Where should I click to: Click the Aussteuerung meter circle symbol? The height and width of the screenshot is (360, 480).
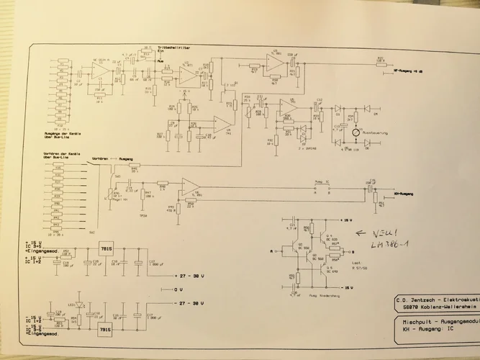coord(355,134)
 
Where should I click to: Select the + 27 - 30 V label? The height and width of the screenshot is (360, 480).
coord(191,276)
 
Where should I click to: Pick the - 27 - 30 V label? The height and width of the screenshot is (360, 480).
coord(191,302)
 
